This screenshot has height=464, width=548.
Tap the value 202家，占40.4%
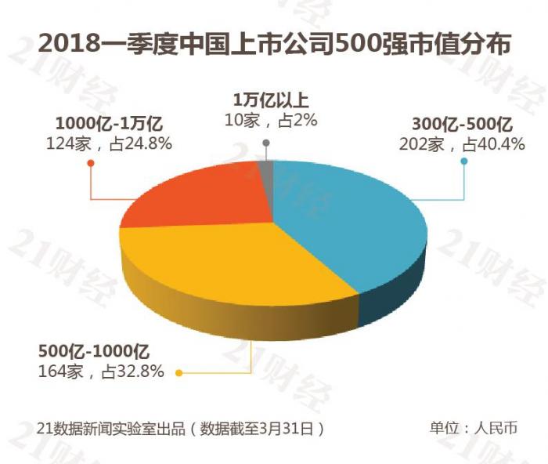click(x=462, y=143)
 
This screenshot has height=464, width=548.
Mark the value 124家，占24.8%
click(x=109, y=143)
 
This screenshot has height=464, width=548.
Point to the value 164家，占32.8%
click(x=101, y=371)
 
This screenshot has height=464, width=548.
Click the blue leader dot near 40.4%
click(x=464, y=162)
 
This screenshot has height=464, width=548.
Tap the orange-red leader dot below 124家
click(x=91, y=163)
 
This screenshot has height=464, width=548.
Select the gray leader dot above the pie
click(x=266, y=143)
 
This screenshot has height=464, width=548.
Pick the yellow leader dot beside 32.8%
click(x=179, y=372)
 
